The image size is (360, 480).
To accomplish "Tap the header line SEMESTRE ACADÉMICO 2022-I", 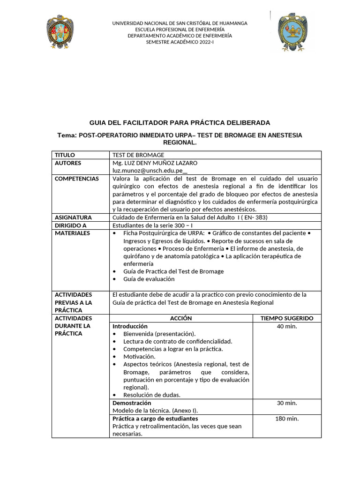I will click(x=180, y=42).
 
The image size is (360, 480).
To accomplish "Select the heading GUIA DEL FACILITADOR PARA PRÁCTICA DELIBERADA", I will click(x=180, y=123).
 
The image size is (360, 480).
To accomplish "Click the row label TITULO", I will click(x=65, y=155).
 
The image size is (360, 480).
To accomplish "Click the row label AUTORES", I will click(x=68, y=163).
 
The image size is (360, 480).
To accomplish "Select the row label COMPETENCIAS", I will click(x=77, y=179).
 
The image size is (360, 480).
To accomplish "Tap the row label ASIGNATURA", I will click(x=73, y=217).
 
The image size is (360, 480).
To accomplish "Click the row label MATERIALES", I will click(x=72, y=233).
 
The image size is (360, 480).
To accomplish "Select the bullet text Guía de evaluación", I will click(x=149, y=279).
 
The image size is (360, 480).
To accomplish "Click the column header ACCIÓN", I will click(x=181, y=318).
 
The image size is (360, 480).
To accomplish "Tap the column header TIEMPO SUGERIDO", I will click(x=287, y=318).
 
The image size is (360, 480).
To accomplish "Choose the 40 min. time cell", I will click(x=287, y=326).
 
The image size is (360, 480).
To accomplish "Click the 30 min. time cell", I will click(x=287, y=403).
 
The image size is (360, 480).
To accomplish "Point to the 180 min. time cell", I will click(x=287, y=419).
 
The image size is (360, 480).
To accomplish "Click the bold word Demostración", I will click(x=132, y=403).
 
